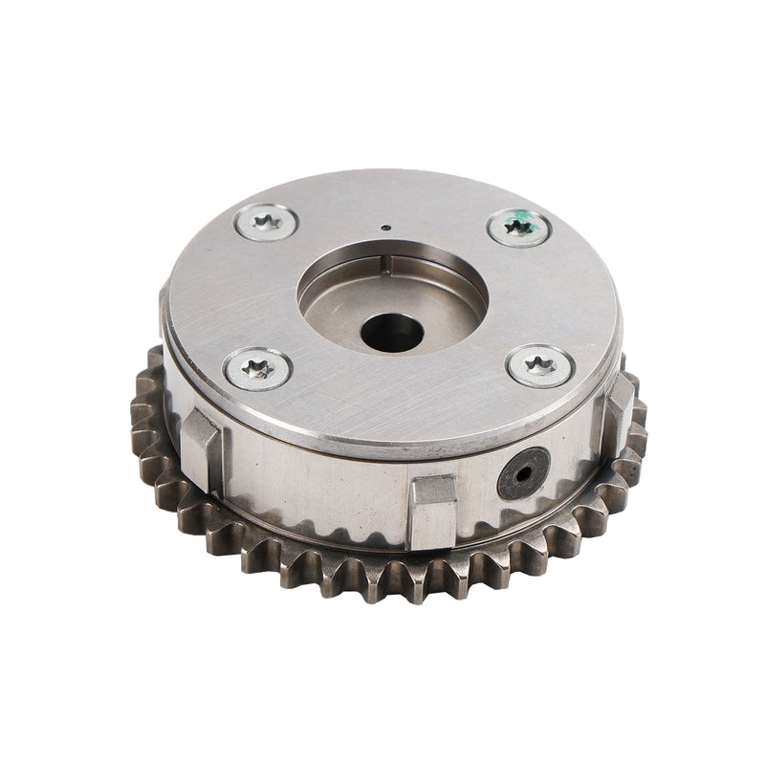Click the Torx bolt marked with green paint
(x=517, y=228)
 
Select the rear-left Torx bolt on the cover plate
(x=265, y=223)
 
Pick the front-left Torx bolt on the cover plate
(x=257, y=367)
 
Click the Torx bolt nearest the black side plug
(x=540, y=365)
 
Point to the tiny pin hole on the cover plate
(x=382, y=228)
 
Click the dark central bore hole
(x=392, y=332)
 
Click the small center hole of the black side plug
(x=523, y=473)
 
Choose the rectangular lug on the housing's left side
(x=201, y=442)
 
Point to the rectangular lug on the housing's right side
(x=619, y=402)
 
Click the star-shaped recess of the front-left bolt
(x=257, y=367)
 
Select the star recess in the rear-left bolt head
(x=265, y=223)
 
